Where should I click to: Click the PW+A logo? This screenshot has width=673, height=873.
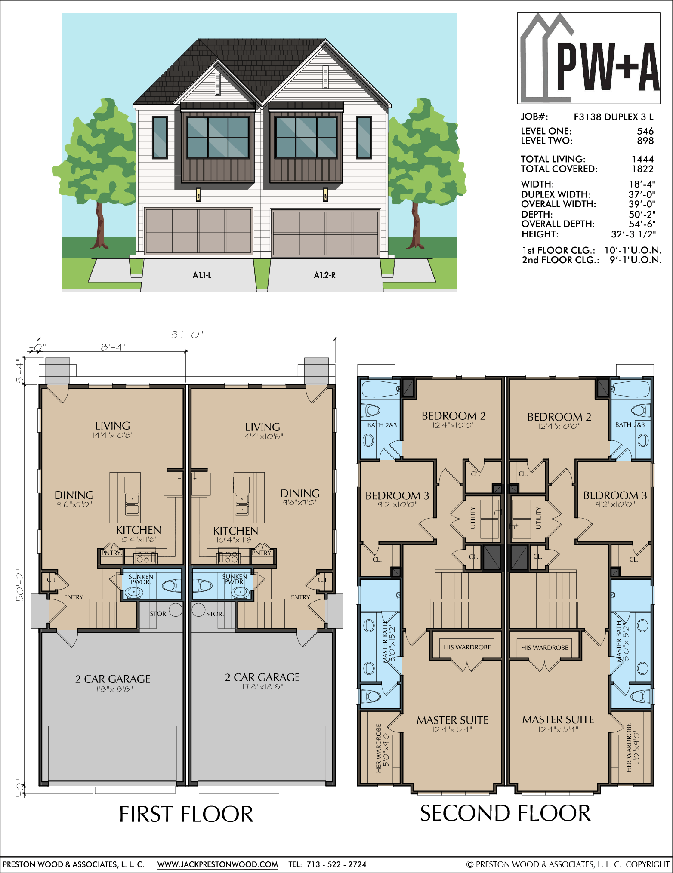tap(589, 58)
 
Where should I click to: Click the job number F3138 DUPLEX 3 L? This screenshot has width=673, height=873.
tap(614, 117)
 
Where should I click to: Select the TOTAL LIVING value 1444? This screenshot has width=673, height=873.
tap(643, 159)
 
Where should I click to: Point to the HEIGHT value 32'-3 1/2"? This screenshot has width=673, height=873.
tap(633, 234)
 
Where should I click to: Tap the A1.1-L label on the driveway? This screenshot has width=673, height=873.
tap(202, 275)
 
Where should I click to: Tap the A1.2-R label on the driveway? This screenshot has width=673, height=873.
tap(324, 275)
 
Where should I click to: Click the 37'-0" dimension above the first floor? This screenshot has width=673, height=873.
tap(187, 334)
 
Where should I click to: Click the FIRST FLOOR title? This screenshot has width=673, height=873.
tap(186, 814)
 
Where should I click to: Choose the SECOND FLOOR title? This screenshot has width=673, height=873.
tap(505, 813)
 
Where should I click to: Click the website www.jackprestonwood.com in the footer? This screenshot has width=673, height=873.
tap(217, 864)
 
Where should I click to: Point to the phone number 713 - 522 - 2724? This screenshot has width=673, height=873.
tap(336, 864)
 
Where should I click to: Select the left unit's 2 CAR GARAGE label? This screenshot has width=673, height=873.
tap(113, 679)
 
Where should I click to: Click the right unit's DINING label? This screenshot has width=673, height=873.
tap(300, 493)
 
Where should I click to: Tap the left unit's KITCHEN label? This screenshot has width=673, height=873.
tap(139, 530)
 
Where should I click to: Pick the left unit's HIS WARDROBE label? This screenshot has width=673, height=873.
tap(467, 647)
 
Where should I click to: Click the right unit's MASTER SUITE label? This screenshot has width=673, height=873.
tap(558, 719)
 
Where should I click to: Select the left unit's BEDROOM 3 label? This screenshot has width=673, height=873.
tap(397, 496)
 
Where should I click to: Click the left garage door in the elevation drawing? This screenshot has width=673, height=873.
tap(198, 231)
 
